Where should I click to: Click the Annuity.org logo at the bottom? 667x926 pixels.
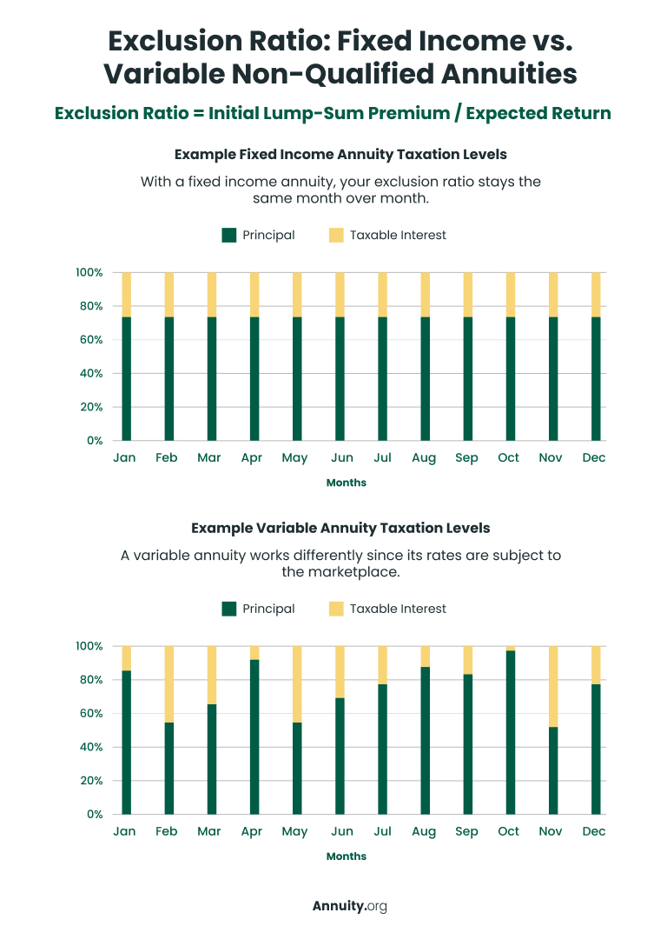(349, 906)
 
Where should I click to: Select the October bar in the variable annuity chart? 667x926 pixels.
(510, 732)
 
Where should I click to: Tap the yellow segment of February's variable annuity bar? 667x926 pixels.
(168, 684)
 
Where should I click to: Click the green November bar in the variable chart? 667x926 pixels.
(552, 770)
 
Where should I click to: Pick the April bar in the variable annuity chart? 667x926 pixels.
(254, 736)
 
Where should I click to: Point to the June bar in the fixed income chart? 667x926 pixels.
(340, 378)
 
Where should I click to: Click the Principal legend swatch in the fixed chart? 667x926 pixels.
(229, 235)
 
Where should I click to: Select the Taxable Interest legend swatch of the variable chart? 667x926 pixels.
(336, 609)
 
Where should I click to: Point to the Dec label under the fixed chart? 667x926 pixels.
(594, 458)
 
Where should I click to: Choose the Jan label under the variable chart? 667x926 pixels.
(124, 832)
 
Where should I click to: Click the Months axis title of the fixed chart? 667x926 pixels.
(347, 483)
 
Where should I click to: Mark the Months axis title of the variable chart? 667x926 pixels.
(347, 856)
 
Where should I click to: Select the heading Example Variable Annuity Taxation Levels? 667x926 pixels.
(340, 528)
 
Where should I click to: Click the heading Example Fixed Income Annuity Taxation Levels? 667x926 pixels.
(340, 154)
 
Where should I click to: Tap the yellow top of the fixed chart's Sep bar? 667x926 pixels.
(467, 294)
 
